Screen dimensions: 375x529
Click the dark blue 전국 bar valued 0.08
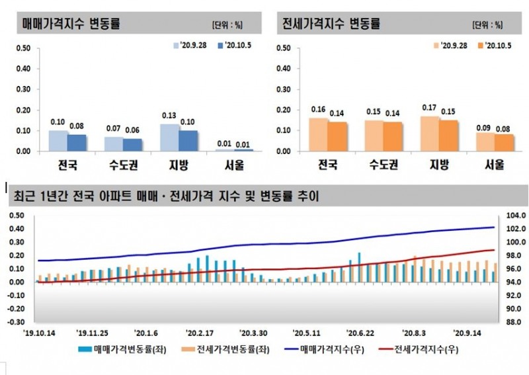77,142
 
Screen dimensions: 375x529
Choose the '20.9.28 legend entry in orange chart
450,46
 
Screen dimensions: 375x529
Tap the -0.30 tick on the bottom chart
15,322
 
